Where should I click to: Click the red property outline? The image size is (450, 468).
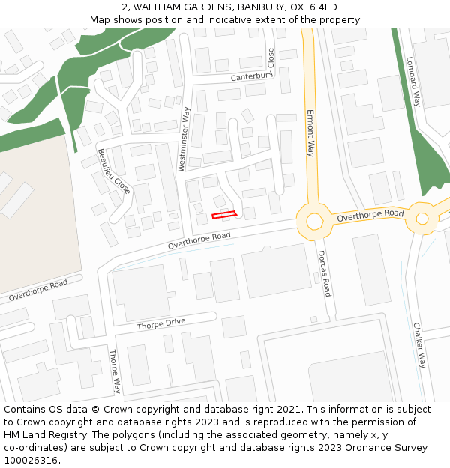pyautogui.click(x=223, y=216)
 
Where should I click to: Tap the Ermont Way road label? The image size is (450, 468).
pyautogui.click(x=310, y=133)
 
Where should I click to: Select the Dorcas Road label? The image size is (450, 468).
pyautogui.click(x=323, y=273)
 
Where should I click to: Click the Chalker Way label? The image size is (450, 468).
pyautogui.click(x=418, y=345)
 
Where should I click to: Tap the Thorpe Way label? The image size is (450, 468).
pyautogui.click(x=115, y=371)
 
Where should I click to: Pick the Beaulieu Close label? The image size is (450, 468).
pyautogui.click(x=114, y=171)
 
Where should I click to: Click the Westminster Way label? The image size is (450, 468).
pyautogui.click(x=184, y=139)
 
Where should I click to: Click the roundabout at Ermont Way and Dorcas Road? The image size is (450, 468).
pyautogui.click(x=314, y=221)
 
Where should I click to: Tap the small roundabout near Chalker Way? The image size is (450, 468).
pyautogui.click(x=421, y=219)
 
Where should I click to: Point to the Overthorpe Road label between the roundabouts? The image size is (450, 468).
pyautogui.click(x=370, y=216)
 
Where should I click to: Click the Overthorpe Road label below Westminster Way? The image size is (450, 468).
pyautogui.click(x=199, y=240)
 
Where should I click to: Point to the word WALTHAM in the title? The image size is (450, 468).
pyautogui.click(x=157, y=7)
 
